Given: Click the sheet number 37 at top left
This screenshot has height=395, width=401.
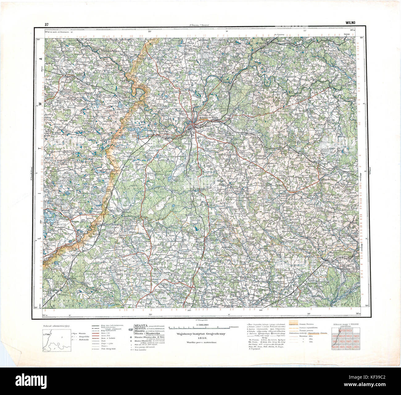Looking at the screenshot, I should coord(46,24).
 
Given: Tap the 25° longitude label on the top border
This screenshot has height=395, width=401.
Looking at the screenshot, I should coord(150,32).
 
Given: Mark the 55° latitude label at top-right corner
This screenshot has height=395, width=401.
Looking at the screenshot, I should coord(362,37).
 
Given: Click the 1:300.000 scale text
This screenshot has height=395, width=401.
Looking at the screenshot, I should coord(200,325).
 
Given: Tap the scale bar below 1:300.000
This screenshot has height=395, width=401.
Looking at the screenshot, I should coord(200,327).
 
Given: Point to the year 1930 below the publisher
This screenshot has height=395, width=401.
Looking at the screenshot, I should coord(201,338).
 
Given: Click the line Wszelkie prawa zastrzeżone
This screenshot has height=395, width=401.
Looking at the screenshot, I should coord(201,343).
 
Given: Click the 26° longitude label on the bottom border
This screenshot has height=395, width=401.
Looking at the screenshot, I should coord(308,314).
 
